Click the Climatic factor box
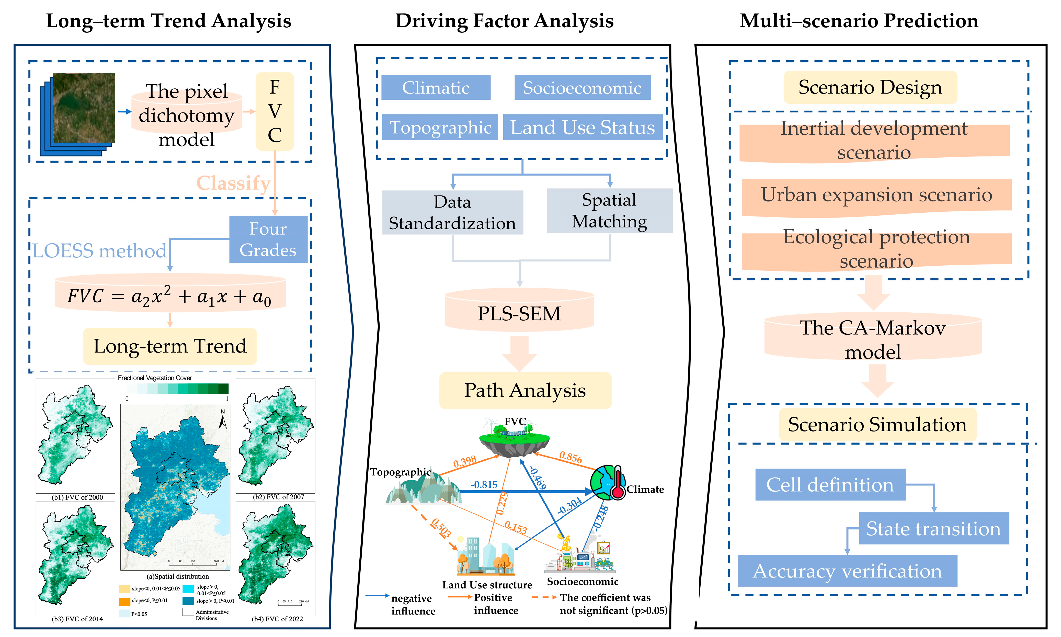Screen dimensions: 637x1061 (x=435, y=88)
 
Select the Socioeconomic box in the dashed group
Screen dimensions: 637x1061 (x=582, y=88)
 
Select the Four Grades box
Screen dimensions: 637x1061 (x=268, y=239)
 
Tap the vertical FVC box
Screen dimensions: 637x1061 (x=275, y=111)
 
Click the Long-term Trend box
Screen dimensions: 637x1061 (x=170, y=346)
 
